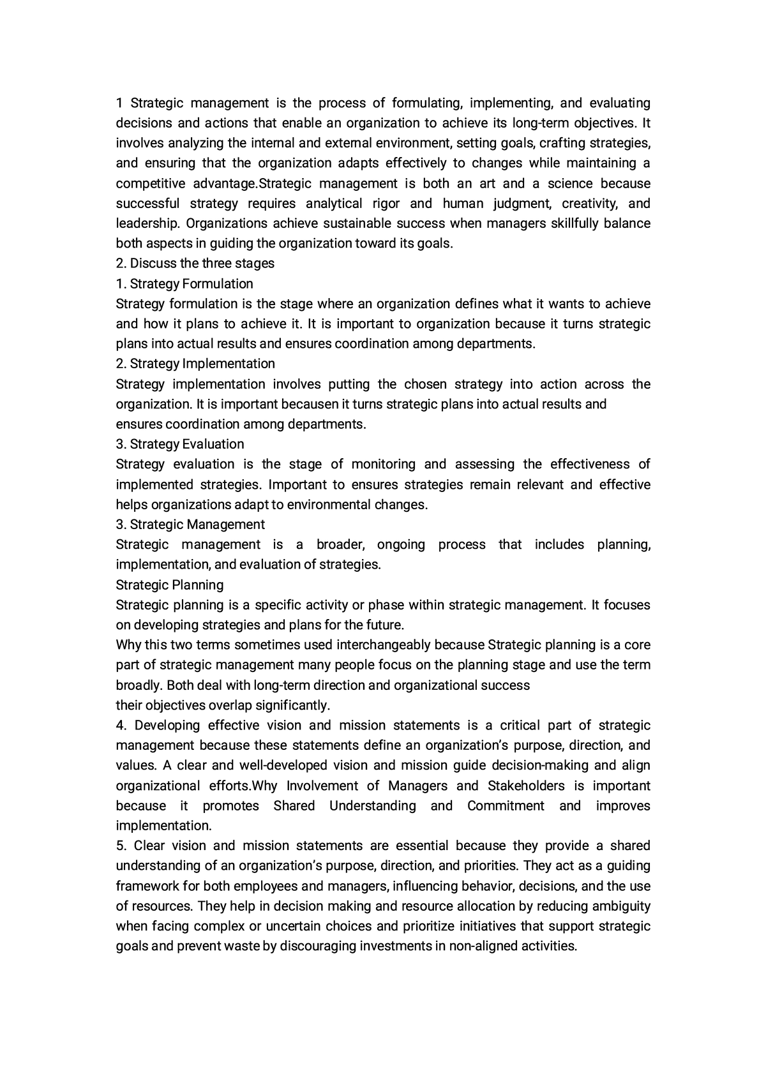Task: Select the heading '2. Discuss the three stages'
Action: tap(195, 263)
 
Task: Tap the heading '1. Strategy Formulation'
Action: tap(184, 283)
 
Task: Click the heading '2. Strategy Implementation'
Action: tap(195, 363)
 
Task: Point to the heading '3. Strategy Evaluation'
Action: tap(180, 444)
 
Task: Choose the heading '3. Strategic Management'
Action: tap(190, 524)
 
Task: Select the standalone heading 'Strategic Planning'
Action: tap(169, 585)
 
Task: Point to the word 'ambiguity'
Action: tap(620, 906)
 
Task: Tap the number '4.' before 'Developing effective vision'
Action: tap(122, 725)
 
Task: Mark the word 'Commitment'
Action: tap(506, 805)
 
